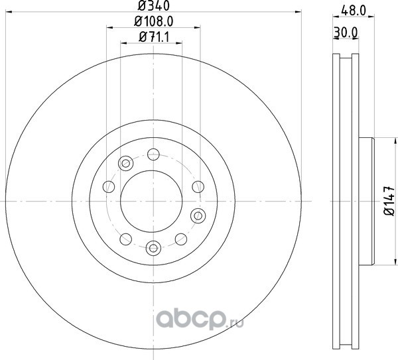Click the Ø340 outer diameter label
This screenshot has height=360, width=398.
[x=153, y=5]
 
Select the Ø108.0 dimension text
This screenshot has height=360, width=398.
[x=154, y=21]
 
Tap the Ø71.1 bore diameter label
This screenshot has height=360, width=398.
[x=154, y=38]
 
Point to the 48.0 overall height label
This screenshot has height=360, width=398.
[x=354, y=11]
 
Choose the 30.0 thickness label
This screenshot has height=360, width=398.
[x=346, y=32]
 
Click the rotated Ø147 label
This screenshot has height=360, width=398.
[x=389, y=201]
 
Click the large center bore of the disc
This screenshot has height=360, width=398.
[x=151, y=201]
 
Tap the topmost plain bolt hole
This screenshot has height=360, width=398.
[x=153, y=154]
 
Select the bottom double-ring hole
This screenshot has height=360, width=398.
[x=153, y=248]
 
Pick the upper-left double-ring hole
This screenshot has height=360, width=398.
[x=125, y=163]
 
